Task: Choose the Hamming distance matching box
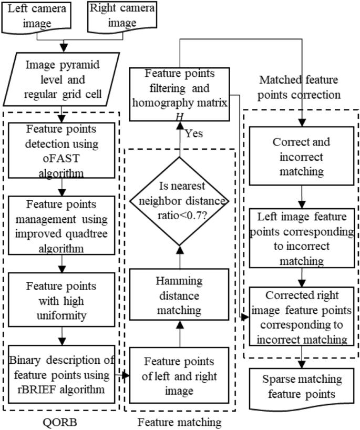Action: (180, 295)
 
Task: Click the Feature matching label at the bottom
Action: (180, 421)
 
